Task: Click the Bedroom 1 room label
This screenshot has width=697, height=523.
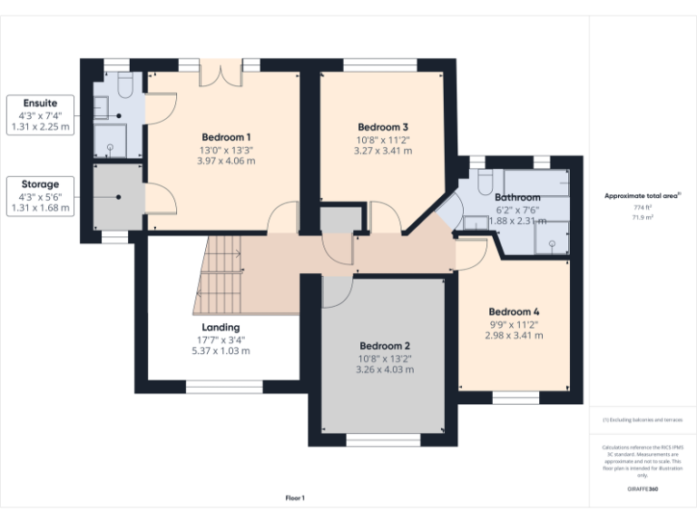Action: coord(226,136)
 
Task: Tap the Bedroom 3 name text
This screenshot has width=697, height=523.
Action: coord(382,127)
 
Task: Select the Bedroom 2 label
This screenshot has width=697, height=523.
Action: coord(384,346)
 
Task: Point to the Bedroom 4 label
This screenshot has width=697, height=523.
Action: coord(514,311)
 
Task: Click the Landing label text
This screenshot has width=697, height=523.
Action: coord(221,327)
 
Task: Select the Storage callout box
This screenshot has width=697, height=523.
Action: coord(39,195)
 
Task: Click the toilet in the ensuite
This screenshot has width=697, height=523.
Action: coord(126,85)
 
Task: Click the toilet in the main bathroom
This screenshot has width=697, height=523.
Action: coord(485,178)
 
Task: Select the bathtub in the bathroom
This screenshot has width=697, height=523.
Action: coord(536,181)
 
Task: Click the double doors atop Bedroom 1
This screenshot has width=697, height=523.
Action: coord(221,74)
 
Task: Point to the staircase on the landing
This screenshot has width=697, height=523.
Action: coord(220,272)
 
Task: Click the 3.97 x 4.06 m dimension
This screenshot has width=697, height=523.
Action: coord(226,161)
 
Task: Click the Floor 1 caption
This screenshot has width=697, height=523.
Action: coord(295,498)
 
